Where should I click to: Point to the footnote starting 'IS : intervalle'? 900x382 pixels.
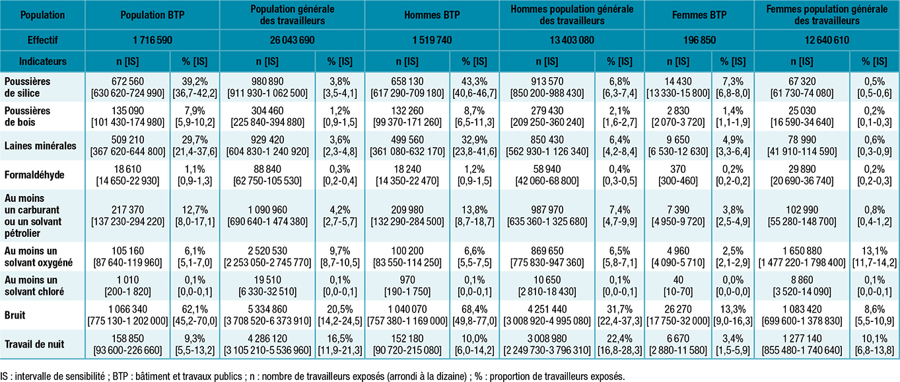pos(312,375)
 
